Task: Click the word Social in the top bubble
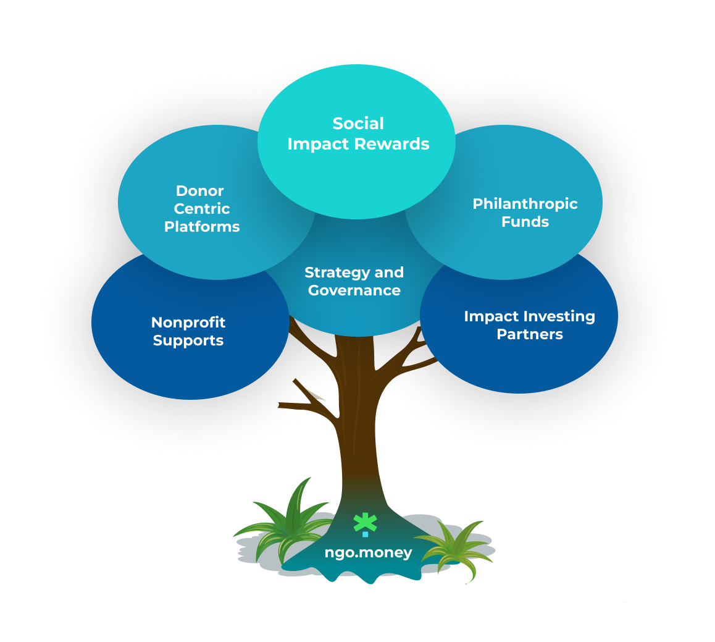(358, 124)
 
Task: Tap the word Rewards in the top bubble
(397, 144)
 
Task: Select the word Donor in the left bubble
(199, 191)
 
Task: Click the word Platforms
(202, 227)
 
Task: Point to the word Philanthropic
(525, 204)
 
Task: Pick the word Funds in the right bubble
(525, 222)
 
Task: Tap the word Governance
(354, 290)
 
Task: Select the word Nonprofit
(188, 323)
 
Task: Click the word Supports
(188, 340)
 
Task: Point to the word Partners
(530, 334)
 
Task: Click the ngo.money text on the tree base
(368, 552)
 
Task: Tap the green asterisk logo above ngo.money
(365, 522)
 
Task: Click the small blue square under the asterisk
(366, 534)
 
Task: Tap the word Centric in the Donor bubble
(202, 209)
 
